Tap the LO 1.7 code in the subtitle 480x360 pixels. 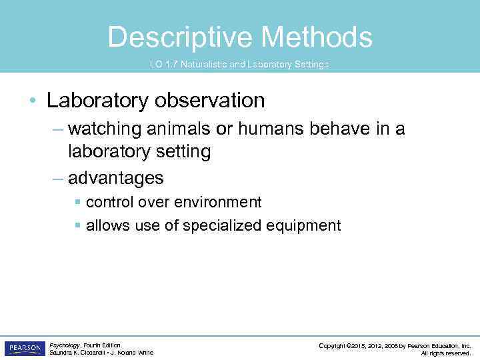[162, 65]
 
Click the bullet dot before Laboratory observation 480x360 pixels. [33, 101]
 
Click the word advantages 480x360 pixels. [115, 178]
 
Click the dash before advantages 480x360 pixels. [58, 178]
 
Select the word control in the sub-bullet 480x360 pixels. [108, 202]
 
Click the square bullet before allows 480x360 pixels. [78, 226]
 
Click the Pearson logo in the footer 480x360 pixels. [25, 349]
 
